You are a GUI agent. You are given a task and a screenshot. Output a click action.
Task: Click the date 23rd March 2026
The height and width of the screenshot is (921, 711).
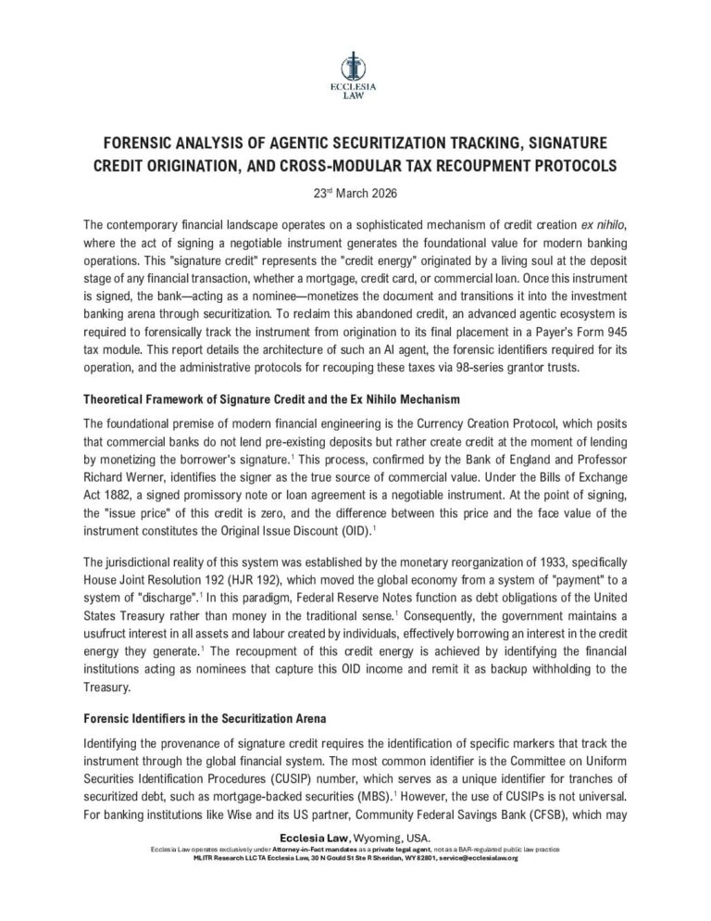(355, 195)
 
